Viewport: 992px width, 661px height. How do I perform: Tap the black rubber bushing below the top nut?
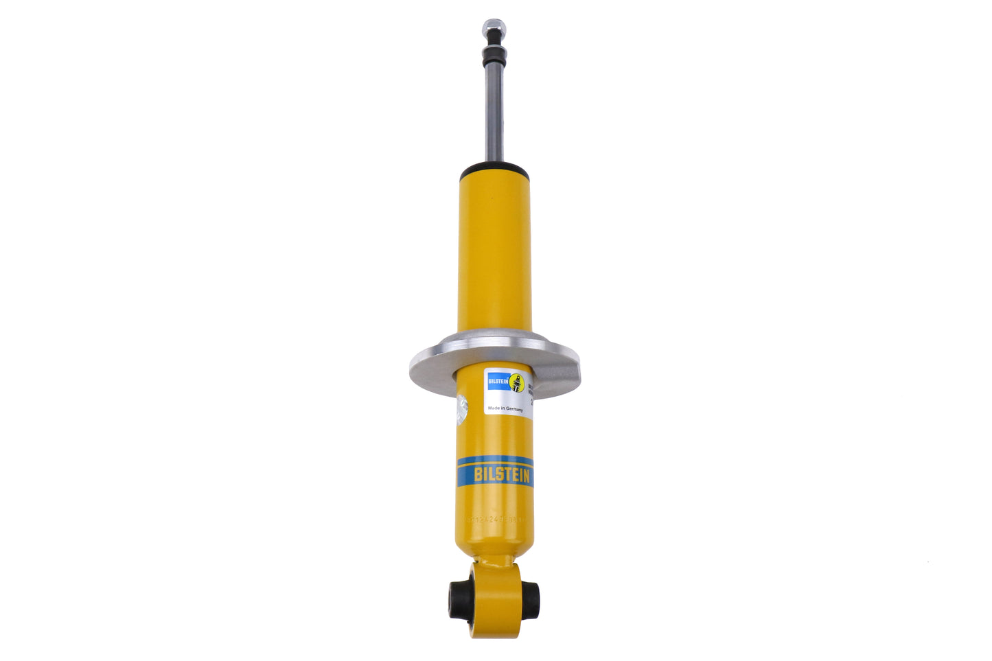[x=494, y=56]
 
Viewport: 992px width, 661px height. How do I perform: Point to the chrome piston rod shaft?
[x=494, y=113]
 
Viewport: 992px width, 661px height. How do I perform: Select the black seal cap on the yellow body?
[x=494, y=169]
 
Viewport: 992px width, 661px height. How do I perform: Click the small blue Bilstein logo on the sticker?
[x=498, y=380]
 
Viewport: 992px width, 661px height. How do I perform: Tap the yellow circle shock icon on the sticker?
[x=517, y=383]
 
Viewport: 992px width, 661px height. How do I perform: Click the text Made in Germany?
[x=505, y=408]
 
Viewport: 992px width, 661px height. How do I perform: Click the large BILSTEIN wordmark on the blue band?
[x=502, y=474]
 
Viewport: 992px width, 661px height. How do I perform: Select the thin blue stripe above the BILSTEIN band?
[x=494, y=459]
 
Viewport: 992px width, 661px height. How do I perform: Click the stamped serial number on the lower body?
[x=494, y=520]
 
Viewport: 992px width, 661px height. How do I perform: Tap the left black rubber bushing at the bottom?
[x=458, y=601]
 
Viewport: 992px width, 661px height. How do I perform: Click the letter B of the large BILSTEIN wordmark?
[x=478, y=474]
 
